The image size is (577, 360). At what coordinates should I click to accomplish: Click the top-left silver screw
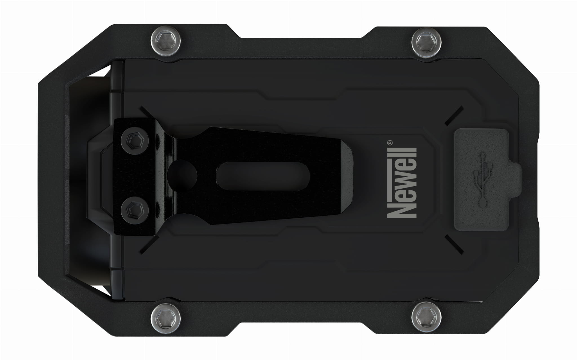(166, 41)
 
